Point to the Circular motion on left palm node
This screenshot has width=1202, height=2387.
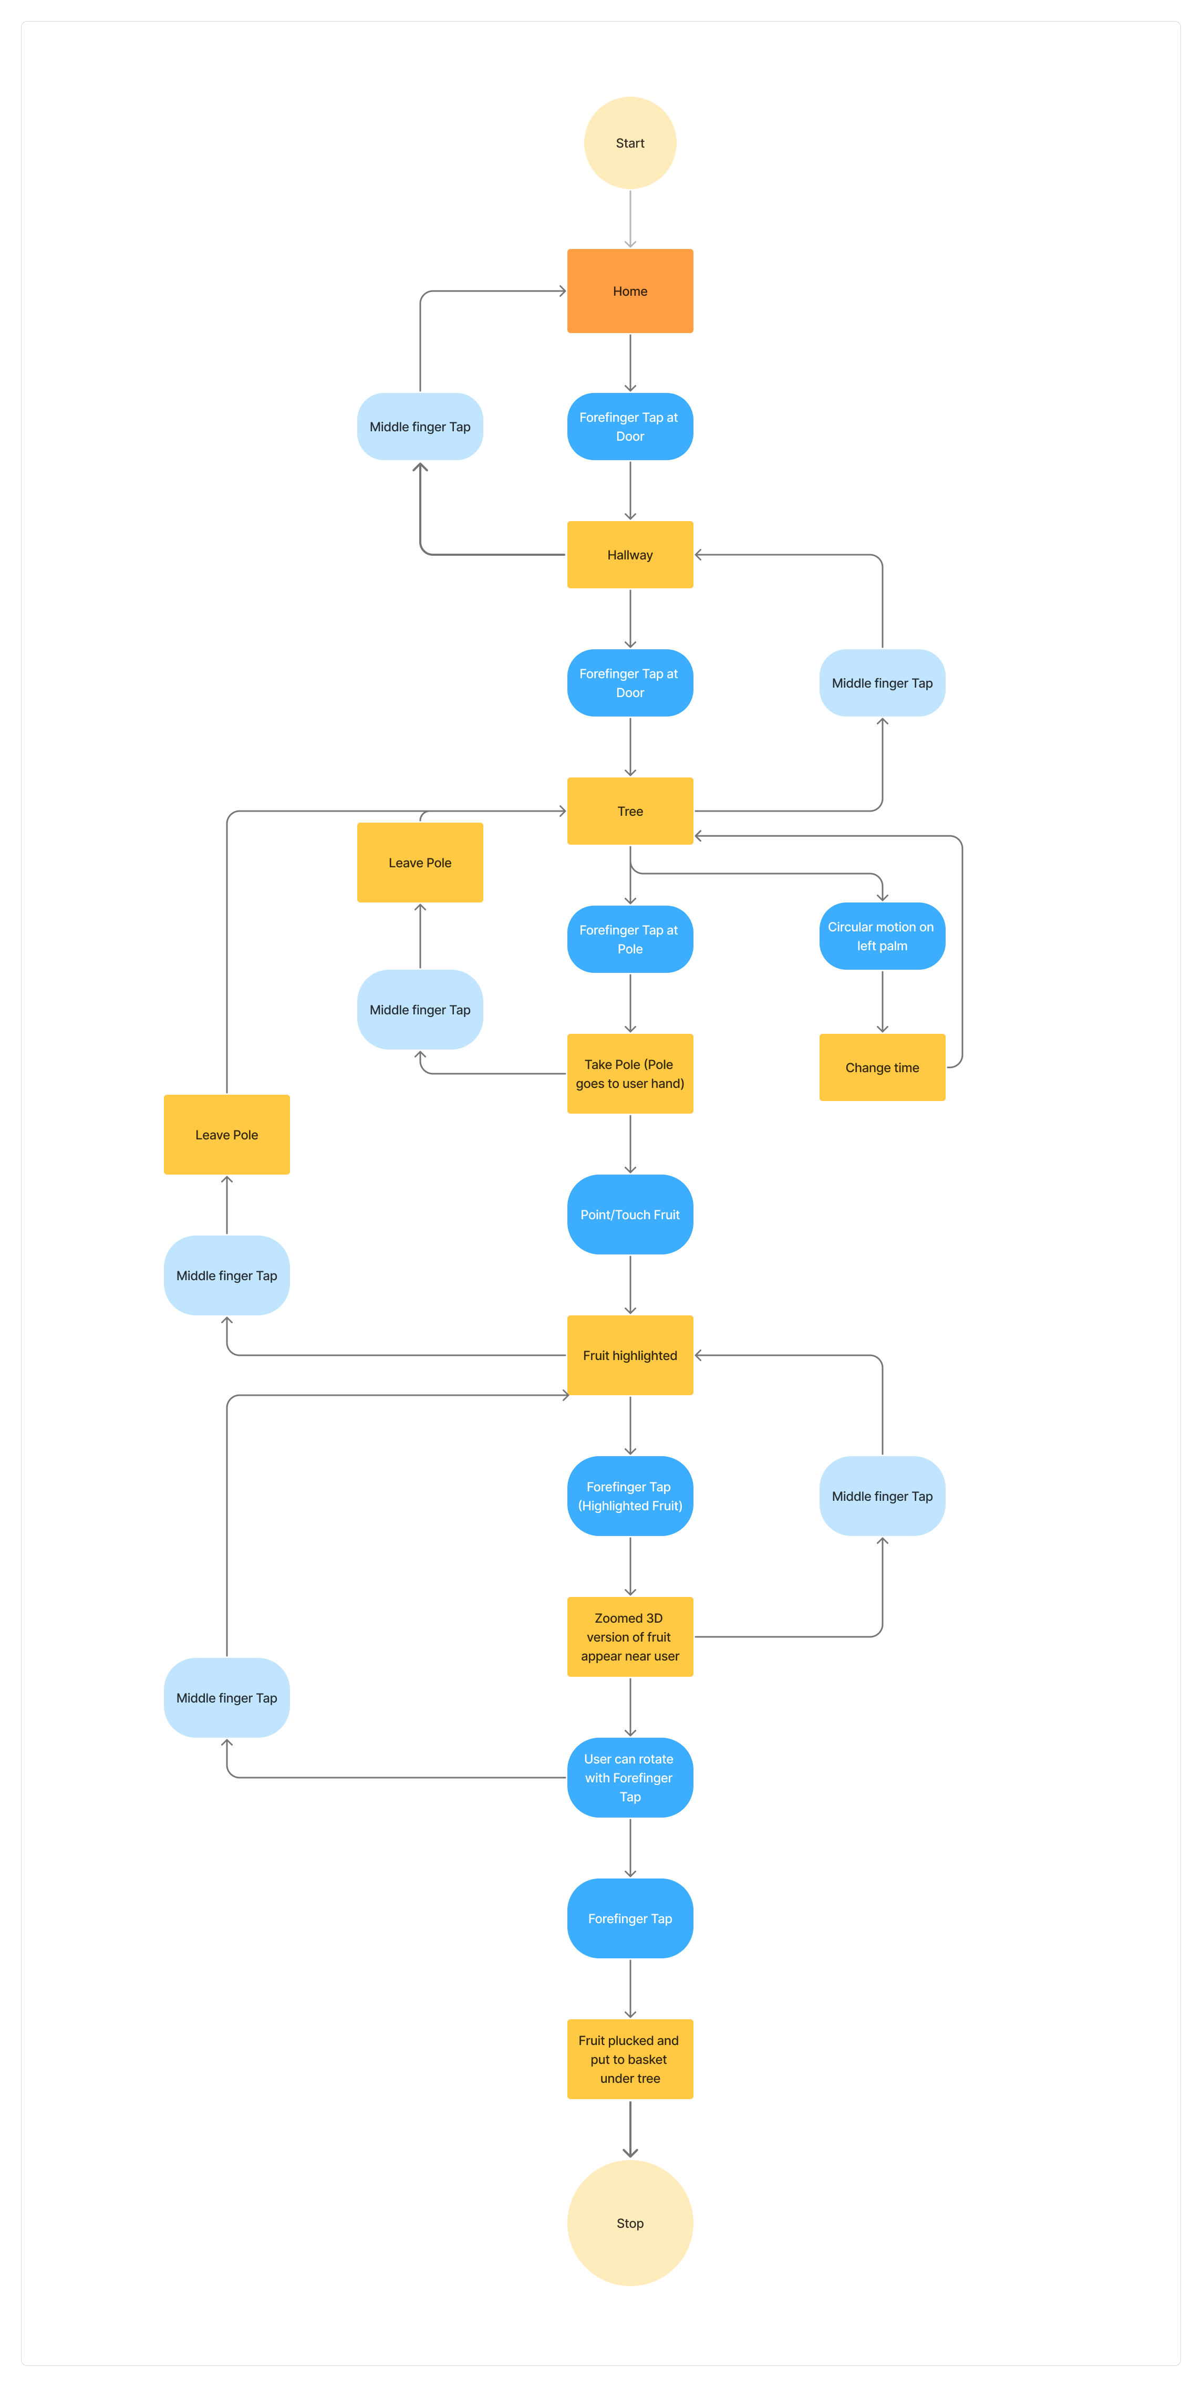click(x=882, y=936)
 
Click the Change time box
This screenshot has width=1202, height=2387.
click(x=882, y=1067)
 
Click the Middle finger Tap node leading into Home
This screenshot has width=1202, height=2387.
click(x=420, y=426)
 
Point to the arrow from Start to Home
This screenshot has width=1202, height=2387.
click(x=630, y=219)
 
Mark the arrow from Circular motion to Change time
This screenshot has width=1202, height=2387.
click(x=882, y=1001)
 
